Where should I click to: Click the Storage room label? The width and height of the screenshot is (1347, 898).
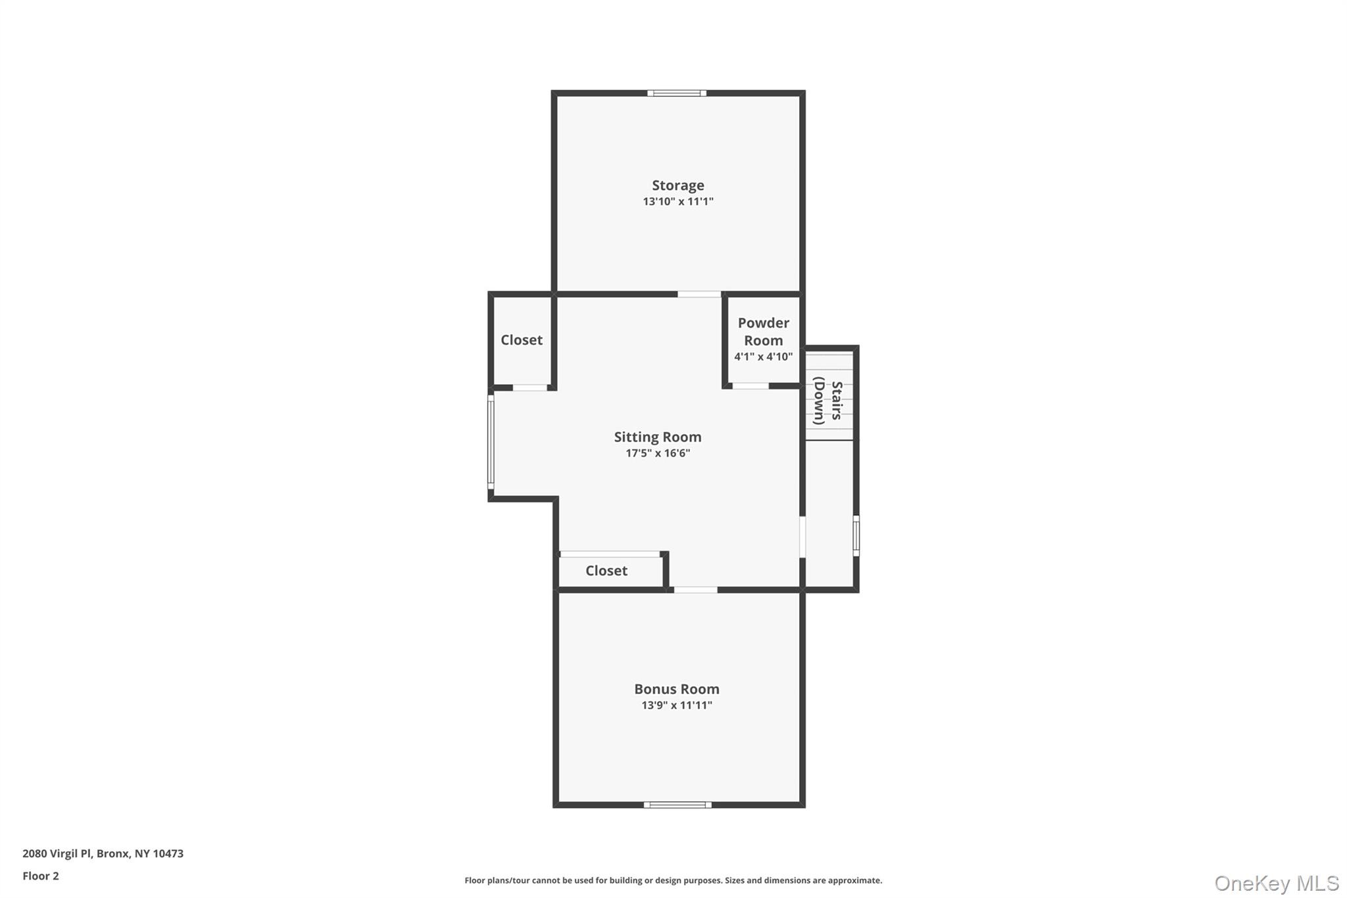tap(677, 186)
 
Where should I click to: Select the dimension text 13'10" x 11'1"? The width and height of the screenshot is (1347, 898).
tap(677, 202)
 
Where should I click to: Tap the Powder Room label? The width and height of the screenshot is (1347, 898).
tap(763, 332)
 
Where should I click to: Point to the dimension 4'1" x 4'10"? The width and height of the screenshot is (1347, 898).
tap(763, 357)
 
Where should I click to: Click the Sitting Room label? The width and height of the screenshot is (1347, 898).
tap(657, 437)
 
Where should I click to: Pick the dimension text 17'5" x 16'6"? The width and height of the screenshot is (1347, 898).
tap(657, 453)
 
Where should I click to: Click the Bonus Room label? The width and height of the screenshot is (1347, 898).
tap(676, 689)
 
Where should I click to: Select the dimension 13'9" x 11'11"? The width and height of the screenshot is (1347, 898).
tap(676, 705)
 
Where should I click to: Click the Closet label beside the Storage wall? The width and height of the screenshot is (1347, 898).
tap(521, 340)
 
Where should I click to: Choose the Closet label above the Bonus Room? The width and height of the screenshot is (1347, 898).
tap(606, 571)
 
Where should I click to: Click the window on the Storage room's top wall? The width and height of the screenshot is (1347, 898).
tap(676, 93)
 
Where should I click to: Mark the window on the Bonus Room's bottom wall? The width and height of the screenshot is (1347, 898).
tap(677, 805)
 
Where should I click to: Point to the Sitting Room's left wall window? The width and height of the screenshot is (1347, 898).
tap(491, 442)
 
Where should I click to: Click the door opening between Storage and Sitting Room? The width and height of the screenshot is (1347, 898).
tap(699, 294)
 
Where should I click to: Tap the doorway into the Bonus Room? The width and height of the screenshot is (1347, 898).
tap(695, 589)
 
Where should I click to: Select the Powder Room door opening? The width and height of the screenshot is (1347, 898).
tap(750, 386)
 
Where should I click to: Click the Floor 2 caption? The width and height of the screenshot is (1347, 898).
tap(41, 876)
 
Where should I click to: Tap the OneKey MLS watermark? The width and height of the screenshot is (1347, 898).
tap(1276, 883)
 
